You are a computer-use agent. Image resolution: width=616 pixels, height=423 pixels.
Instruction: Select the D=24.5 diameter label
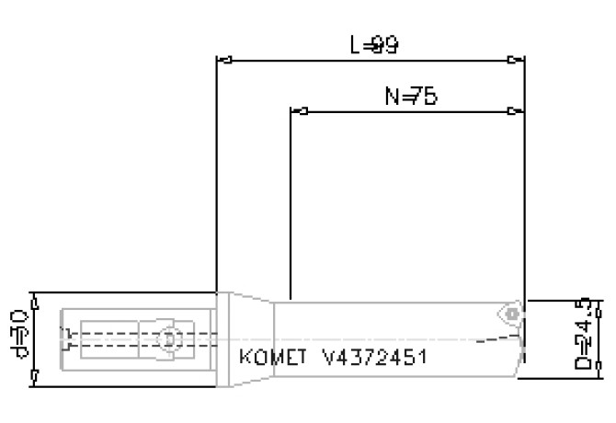click(583, 337)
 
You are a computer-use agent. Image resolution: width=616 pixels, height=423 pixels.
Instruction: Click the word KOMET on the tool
click(268, 356)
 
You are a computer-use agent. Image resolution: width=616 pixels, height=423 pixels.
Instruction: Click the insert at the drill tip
click(510, 314)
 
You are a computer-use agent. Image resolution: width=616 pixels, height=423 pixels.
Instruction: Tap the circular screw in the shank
click(166, 338)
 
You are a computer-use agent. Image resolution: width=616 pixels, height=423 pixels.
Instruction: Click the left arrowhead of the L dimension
click(222, 62)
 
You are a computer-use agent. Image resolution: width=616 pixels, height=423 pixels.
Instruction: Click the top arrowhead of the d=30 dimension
click(34, 298)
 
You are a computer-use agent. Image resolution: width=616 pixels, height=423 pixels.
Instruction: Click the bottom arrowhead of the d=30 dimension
click(34, 377)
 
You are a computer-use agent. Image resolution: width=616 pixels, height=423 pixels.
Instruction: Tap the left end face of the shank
click(61, 338)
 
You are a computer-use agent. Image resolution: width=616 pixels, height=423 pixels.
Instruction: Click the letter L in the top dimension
click(357, 45)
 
